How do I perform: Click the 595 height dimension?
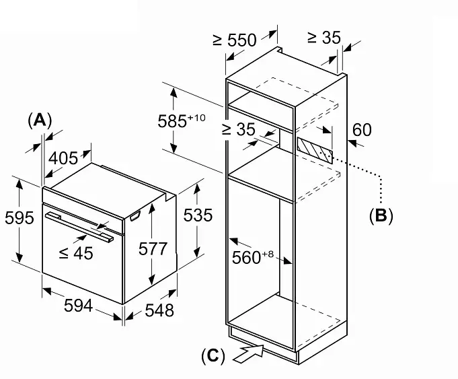20,218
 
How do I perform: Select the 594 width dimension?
78,306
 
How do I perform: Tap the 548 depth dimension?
159,310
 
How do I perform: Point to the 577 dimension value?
153,249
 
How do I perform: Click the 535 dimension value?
198,215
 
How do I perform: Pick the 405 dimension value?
63,158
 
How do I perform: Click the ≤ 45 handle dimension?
76,253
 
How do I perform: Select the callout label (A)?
40,120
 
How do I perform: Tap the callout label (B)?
381,216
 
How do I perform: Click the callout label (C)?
213,356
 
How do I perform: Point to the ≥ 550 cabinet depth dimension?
235,40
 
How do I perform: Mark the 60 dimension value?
362,130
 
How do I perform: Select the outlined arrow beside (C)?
248,353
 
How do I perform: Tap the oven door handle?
79,227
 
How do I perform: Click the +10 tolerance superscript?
196,118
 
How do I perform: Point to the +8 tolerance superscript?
268,254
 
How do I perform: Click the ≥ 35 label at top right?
324,38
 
